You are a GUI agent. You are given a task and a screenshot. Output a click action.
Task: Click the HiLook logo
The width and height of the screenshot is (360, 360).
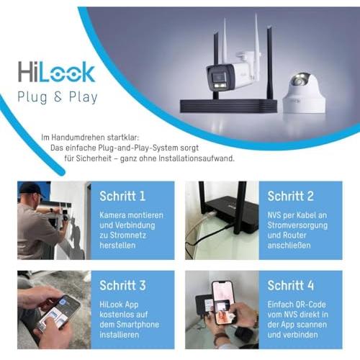[57, 71]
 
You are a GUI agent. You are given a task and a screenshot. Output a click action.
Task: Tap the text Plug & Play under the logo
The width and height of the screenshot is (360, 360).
[58, 97]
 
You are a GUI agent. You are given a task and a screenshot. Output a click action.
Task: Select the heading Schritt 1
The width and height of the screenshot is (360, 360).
[122, 196]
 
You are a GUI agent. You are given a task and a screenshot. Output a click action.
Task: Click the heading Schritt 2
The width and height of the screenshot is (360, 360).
[290, 196]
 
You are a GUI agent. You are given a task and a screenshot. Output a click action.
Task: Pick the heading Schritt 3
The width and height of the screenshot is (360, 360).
[122, 285]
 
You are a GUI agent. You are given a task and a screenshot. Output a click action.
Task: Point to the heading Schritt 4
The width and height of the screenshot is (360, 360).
[290, 285]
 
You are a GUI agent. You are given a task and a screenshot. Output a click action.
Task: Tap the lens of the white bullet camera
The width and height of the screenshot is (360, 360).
[220, 78]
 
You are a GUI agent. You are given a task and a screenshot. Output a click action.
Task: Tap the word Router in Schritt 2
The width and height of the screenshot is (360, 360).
[294, 235]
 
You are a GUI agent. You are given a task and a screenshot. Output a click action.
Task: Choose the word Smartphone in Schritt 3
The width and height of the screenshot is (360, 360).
[140, 325]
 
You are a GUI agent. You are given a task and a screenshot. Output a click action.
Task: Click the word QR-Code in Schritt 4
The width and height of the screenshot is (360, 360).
[311, 305]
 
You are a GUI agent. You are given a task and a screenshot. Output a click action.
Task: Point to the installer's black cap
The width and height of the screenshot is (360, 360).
[32, 189]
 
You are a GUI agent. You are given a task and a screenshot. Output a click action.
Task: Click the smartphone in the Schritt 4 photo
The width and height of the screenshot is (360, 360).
[222, 303]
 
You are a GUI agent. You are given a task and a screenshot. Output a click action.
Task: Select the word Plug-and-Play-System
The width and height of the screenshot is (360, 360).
[138, 148]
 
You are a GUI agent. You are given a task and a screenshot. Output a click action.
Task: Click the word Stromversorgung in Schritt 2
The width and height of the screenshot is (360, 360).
[297, 225]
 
